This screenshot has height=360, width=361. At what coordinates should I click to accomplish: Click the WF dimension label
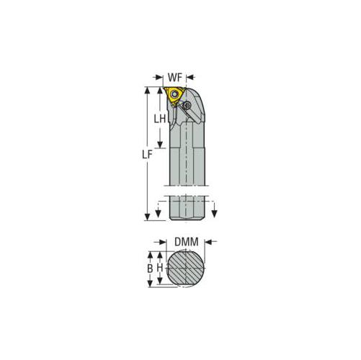pos(175,78)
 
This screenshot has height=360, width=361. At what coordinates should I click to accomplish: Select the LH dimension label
pos(160,119)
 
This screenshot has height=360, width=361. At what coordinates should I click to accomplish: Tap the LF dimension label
pos(147,155)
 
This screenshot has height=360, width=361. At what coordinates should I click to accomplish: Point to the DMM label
pos(187,242)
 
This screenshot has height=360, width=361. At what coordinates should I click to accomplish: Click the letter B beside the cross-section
pos(150,269)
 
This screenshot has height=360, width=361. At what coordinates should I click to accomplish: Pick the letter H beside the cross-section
pos(160,268)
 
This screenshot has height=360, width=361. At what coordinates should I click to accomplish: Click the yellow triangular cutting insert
pos(174,96)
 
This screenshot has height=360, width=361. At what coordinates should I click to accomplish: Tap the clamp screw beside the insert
pos(187,105)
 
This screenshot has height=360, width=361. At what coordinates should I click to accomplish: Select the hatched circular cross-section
pos(186,268)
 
